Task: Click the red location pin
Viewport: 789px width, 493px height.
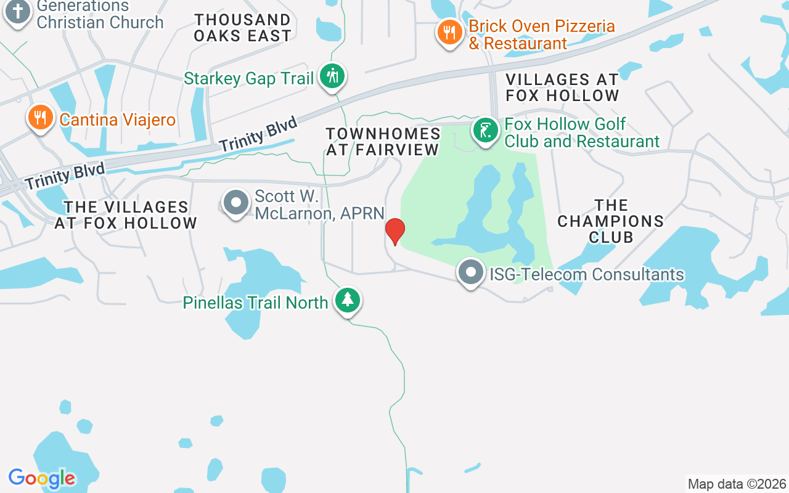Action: coord(394,231)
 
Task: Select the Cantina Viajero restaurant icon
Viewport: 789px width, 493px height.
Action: coord(41,117)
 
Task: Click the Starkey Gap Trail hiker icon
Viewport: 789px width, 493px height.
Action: coord(332,77)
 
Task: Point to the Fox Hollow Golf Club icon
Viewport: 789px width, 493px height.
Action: coord(486,130)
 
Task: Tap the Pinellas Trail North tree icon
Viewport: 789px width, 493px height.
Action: coord(348,300)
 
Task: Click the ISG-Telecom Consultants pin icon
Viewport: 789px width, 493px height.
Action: coord(471,272)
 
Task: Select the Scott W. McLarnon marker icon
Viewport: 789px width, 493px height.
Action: coord(235,202)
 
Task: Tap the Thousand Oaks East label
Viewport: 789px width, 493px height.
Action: coord(242,28)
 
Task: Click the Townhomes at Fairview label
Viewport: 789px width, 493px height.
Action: coord(383,142)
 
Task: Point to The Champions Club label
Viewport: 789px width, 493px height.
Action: coord(610,221)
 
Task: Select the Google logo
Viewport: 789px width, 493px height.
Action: coord(42,478)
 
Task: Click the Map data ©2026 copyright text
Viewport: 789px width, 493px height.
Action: coord(737,484)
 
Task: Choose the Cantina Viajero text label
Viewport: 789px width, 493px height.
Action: coord(118,119)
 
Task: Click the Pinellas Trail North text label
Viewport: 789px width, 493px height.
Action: coord(256,303)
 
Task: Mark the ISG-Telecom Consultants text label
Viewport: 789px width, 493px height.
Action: coord(586,274)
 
